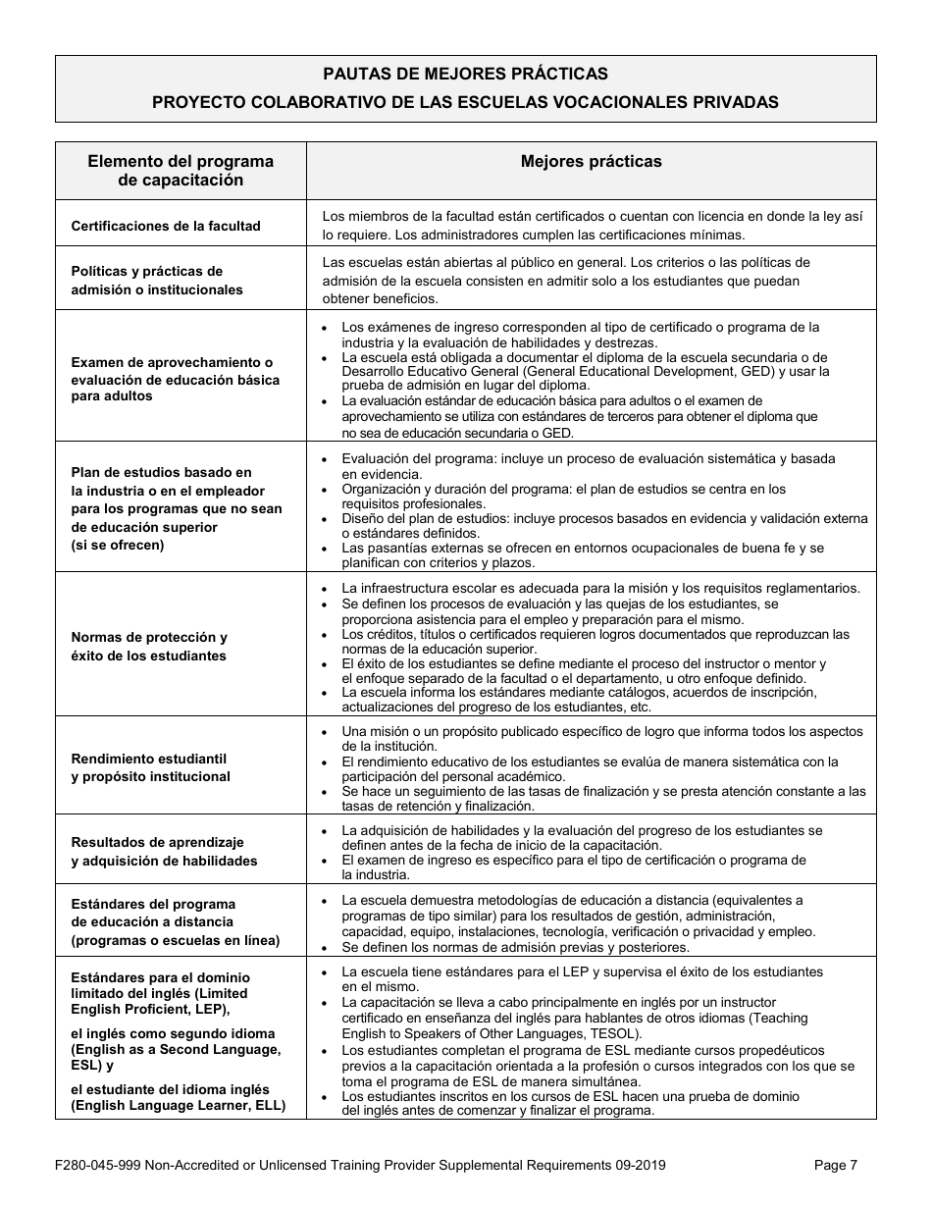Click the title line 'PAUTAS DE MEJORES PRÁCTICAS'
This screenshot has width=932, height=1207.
(465, 74)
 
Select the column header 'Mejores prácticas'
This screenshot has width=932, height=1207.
(591, 162)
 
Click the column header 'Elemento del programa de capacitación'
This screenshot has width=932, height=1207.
(181, 171)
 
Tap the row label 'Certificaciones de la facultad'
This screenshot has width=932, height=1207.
(166, 226)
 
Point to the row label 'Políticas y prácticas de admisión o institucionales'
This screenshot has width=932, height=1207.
(157, 281)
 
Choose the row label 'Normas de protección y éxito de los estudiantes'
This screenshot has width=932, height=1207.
(149, 647)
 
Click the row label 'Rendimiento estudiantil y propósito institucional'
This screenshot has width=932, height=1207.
(150, 767)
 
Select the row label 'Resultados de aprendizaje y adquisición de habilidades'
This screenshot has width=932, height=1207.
(164, 851)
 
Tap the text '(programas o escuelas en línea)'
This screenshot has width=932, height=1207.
(176, 940)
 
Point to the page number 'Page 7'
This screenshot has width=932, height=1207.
(836, 1165)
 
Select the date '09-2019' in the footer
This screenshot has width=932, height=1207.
(639, 1165)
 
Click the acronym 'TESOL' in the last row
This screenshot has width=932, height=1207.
(613, 1034)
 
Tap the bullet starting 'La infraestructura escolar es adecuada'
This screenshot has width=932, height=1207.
(600, 588)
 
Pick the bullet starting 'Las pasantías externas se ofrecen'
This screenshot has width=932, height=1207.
(583, 555)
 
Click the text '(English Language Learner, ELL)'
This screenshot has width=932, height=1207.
(178, 1105)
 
